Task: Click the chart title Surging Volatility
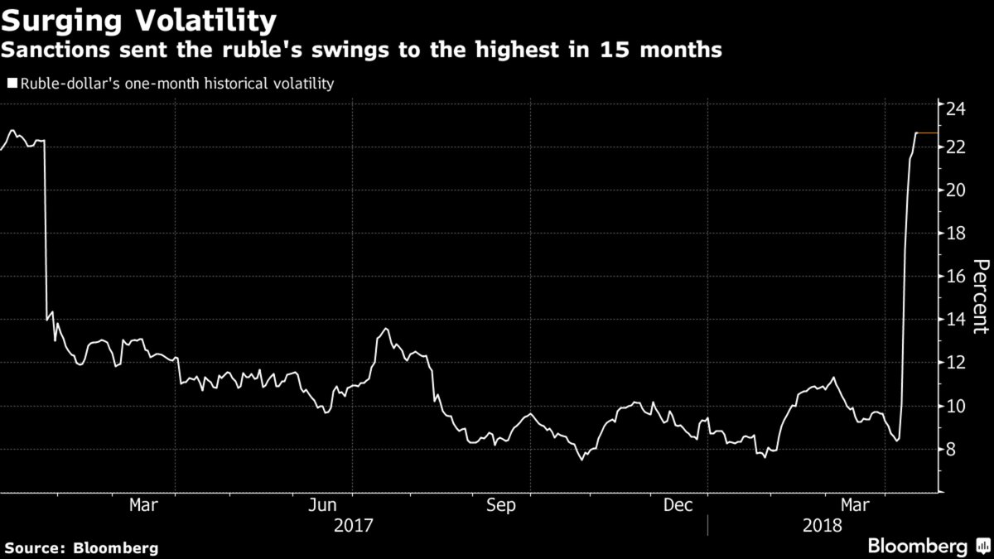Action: tap(139, 18)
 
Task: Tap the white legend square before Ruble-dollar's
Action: tap(11, 83)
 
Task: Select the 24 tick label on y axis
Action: tap(957, 104)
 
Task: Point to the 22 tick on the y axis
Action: tap(957, 147)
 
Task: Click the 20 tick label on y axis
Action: tap(957, 190)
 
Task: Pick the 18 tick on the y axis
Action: tap(957, 234)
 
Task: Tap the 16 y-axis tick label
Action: tap(957, 277)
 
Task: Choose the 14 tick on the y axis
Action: tap(957, 320)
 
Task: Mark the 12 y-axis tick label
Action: tap(957, 363)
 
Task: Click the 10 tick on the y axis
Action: tap(957, 406)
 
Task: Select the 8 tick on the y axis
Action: tap(953, 449)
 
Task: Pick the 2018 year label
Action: tap(823, 525)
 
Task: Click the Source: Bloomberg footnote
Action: tap(80, 547)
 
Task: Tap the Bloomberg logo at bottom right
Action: tap(927, 546)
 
